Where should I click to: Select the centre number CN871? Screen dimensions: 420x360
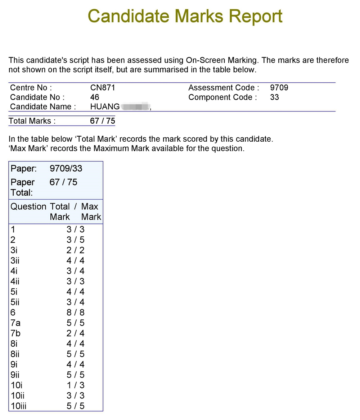click(x=103, y=88)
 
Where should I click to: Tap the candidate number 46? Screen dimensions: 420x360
click(x=95, y=97)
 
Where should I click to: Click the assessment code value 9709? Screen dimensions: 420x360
click(x=279, y=88)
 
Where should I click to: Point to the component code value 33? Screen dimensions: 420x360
click(x=274, y=97)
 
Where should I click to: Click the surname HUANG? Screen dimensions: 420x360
click(x=105, y=106)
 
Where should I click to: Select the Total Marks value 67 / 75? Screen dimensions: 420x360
click(x=103, y=121)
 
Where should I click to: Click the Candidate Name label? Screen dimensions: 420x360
click(x=43, y=106)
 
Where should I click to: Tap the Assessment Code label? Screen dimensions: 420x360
click(x=224, y=88)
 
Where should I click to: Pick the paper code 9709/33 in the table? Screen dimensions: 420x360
click(x=66, y=168)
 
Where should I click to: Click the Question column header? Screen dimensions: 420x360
click(x=28, y=206)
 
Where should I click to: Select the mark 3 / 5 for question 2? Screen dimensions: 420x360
click(x=75, y=240)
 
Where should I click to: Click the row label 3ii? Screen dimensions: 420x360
click(x=15, y=261)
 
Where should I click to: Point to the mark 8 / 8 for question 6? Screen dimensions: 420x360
click(x=75, y=312)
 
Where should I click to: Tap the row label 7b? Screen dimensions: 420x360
click(x=15, y=333)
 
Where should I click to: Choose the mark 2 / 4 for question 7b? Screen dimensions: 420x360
click(x=75, y=333)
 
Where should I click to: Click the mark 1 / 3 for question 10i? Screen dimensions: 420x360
click(x=75, y=385)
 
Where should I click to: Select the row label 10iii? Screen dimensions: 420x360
click(x=18, y=406)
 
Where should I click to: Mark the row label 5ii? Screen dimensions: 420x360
click(x=15, y=302)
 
